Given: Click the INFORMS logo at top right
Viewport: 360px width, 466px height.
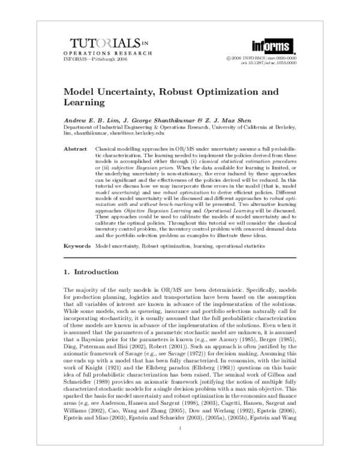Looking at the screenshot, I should [x=274, y=45].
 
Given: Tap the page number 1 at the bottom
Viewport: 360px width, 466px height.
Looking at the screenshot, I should [x=180, y=445].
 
